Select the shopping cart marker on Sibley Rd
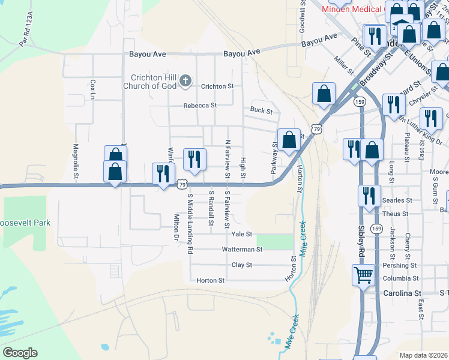tap(363, 275)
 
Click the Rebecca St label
tap(200, 106)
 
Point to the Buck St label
tap(261, 111)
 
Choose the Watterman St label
tap(243, 249)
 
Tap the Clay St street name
tap(242, 265)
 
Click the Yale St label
tap(242, 234)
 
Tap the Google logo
tap(20, 353)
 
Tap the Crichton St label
tap(217, 86)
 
